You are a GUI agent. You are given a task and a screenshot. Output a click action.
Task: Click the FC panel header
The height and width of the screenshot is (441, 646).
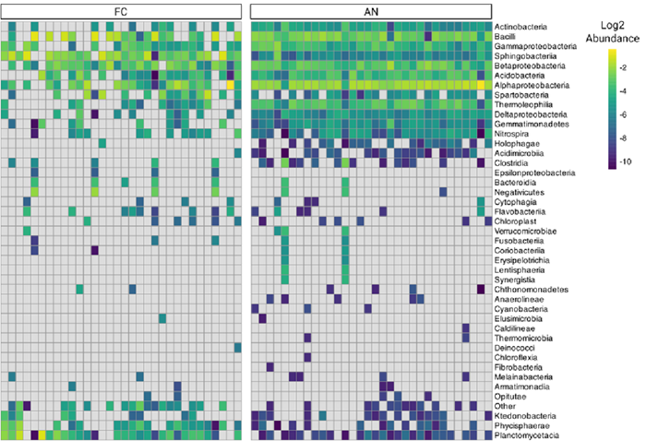[122, 10]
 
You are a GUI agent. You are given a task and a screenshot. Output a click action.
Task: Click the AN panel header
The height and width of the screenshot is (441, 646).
[369, 10]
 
